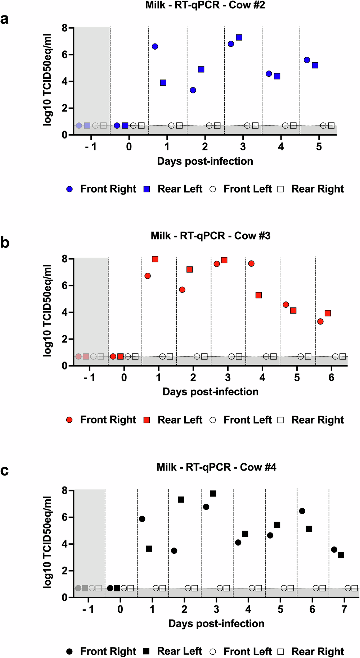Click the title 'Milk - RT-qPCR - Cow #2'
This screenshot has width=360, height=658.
(x=205, y=5)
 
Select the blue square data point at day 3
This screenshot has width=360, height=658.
(x=239, y=37)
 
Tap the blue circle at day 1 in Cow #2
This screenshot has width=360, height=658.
(x=155, y=46)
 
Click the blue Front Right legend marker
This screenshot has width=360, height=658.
(x=69, y=189)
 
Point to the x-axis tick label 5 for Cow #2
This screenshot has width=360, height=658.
(x=319, y=147)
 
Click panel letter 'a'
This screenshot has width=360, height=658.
(x=4, y=19)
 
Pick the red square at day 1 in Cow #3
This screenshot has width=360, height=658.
(x=155, y=259)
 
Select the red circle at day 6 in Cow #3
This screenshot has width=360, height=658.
(x=320, y=321)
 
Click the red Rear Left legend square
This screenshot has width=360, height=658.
(x=147, y=420)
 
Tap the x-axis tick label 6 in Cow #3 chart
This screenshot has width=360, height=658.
(x=332, y=378)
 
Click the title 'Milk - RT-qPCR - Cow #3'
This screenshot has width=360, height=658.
(x=210, y=236)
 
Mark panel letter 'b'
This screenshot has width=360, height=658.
(x=5, y=243)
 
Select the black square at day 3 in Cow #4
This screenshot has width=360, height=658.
(x=213, y=494)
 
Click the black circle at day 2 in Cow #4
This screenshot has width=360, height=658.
(x=174, y=551)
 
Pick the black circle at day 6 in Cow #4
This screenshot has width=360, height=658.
(x=302, y=511)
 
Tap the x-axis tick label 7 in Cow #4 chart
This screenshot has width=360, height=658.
(x=345, y=609)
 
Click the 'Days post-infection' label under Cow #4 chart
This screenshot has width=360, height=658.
(x=216, y=623)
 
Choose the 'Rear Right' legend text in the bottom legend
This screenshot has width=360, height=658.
(x=318, y=652)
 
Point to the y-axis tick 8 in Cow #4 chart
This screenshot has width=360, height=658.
(x=65, y=491)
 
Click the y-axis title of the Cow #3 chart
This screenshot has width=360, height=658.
(x=48, y=310)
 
